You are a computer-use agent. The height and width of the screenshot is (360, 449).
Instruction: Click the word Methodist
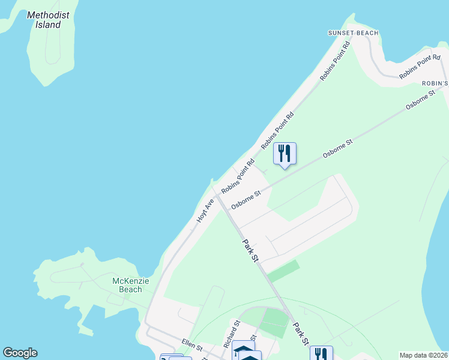point(48,15)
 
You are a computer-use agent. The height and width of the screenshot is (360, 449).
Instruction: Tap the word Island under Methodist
point(48,25)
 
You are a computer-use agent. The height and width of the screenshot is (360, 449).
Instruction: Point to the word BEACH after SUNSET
point(368,33)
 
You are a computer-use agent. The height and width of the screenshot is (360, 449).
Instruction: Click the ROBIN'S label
point(435,83)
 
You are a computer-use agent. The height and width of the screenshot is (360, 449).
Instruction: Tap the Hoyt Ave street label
point(205,211)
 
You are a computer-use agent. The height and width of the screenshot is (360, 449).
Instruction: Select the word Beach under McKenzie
point(130,289)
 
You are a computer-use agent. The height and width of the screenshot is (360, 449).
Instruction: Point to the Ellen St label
point(192,343)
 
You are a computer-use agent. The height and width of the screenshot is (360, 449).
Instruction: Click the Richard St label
point(231,335)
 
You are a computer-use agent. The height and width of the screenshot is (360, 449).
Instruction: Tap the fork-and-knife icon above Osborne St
point(285,154)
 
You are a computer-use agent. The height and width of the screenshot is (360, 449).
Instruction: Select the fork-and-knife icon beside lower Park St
point(321,355)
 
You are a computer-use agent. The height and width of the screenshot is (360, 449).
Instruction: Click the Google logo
point(20,353)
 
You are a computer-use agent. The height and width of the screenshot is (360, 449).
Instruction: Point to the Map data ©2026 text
point(424,355)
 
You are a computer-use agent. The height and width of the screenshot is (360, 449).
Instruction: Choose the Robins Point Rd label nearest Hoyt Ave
point(238,176)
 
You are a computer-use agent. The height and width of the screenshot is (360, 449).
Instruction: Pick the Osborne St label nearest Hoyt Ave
point(247,199)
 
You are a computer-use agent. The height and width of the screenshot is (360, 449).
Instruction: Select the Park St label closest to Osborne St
point(250,250)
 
